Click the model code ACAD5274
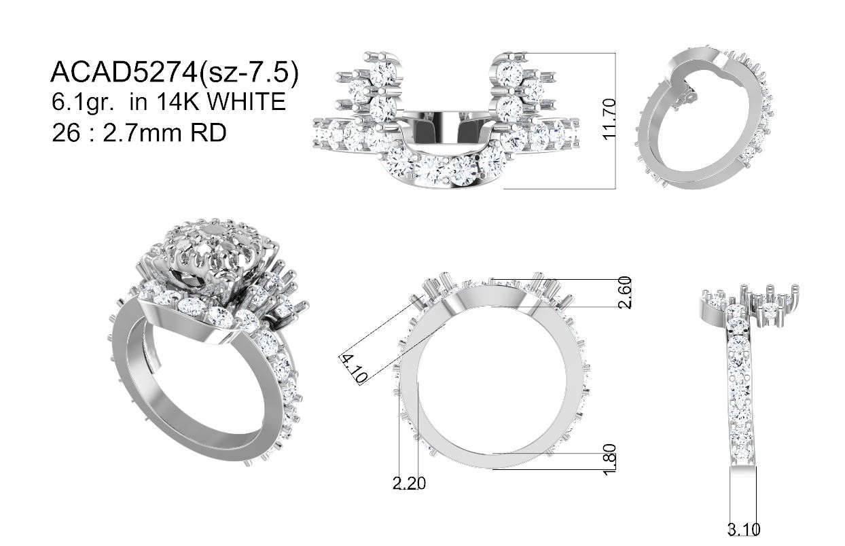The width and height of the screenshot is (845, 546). (124, 71)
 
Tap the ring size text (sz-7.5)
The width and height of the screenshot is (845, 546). (248, 73)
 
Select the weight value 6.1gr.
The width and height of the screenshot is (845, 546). (83, 102)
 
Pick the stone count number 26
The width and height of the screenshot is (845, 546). (66, 132)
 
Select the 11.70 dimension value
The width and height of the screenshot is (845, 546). (609, 119)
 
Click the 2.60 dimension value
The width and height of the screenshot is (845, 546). (624, 293)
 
